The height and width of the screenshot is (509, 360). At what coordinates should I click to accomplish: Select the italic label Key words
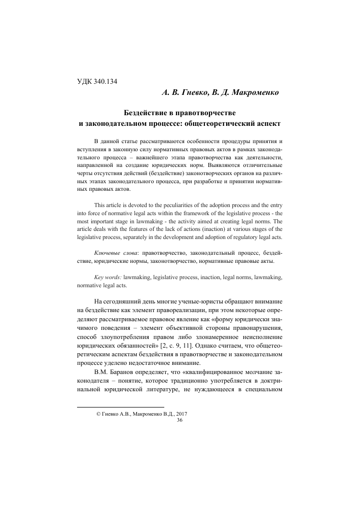coord(107,279)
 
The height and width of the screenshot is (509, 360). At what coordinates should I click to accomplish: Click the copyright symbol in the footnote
coord(98,414)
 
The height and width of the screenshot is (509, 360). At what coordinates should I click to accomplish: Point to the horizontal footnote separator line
coord(120,407)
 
